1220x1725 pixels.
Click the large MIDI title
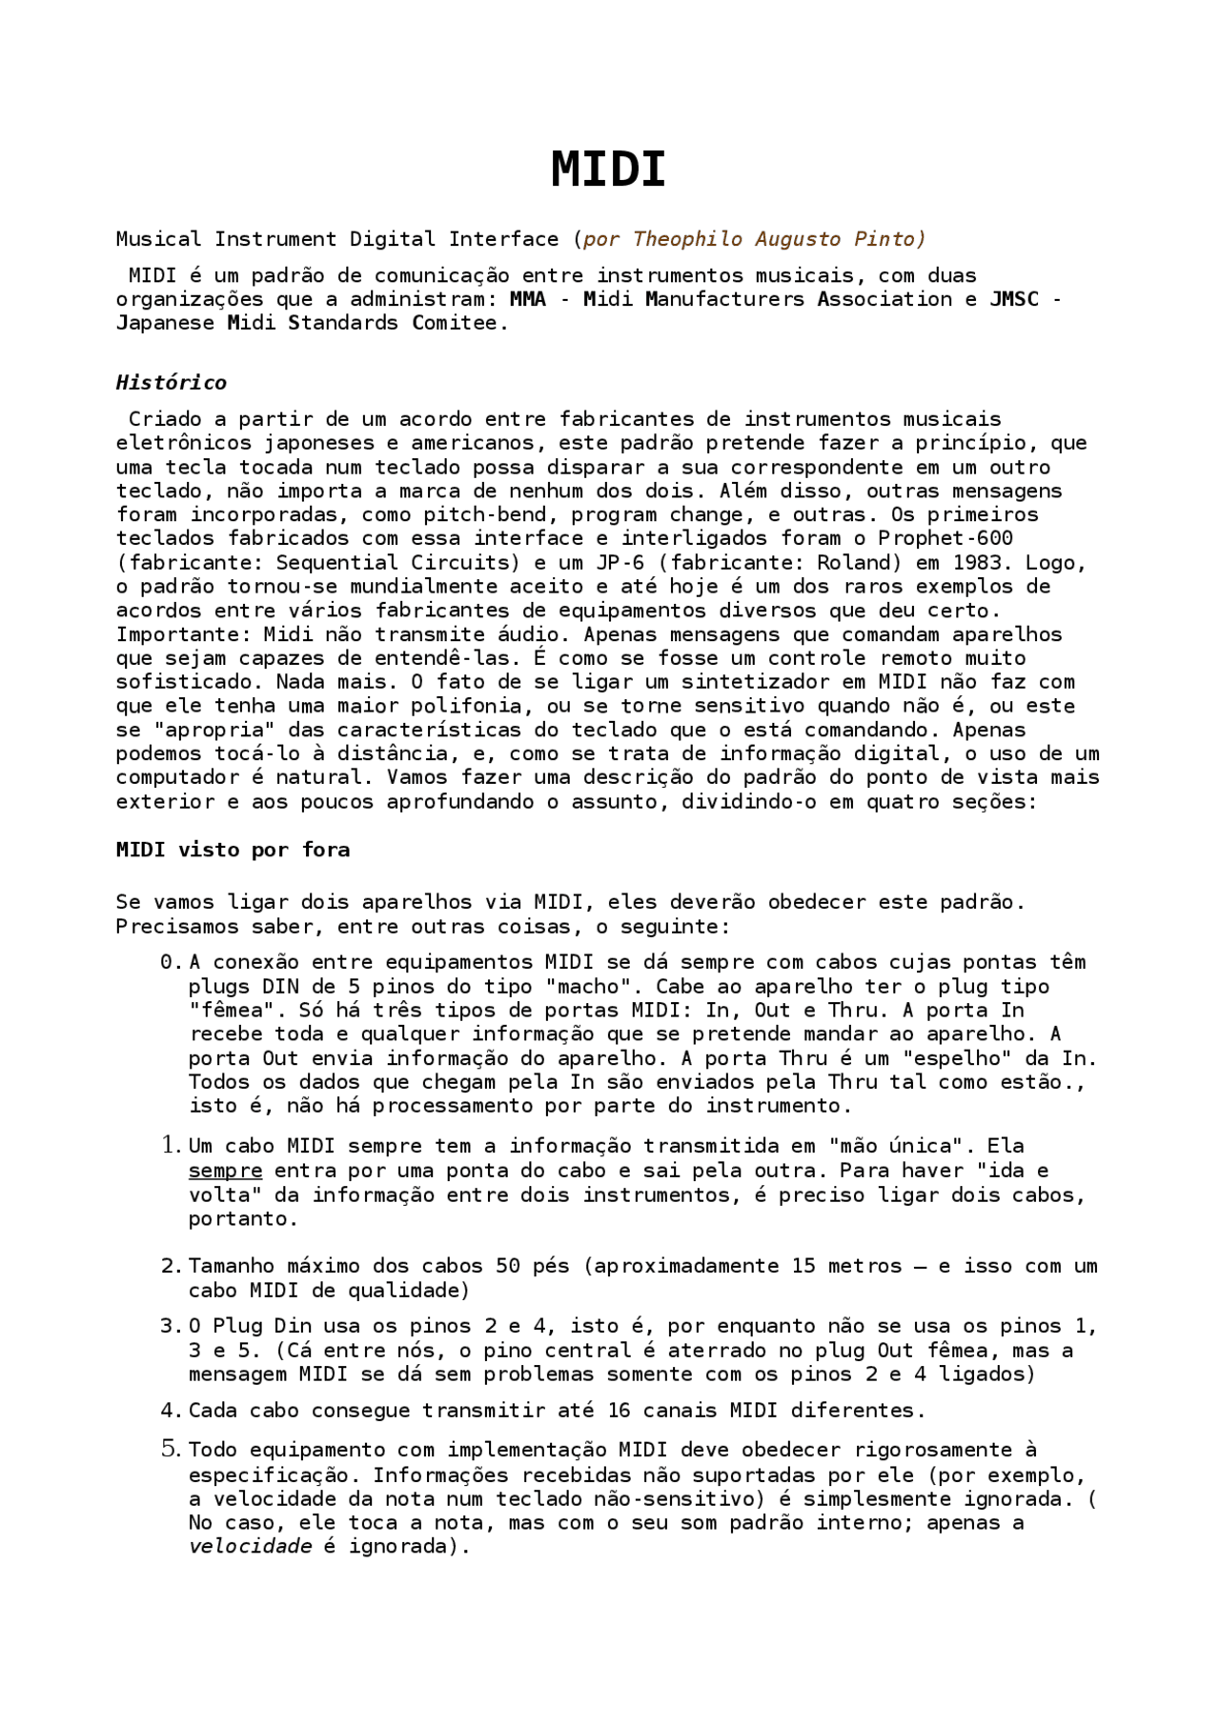(608, 170)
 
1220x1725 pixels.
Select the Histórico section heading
(172, 383)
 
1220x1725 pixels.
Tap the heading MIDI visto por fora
(233, 850)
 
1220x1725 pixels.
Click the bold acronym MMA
(528, 299)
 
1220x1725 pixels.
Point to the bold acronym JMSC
(1014, 299)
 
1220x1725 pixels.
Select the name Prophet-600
(945, 539)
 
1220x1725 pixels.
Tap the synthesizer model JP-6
(620, 563)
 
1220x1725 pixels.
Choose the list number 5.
(171, 1451)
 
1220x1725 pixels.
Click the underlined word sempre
(225, 1171)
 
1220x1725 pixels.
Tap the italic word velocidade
(250, 1547)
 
